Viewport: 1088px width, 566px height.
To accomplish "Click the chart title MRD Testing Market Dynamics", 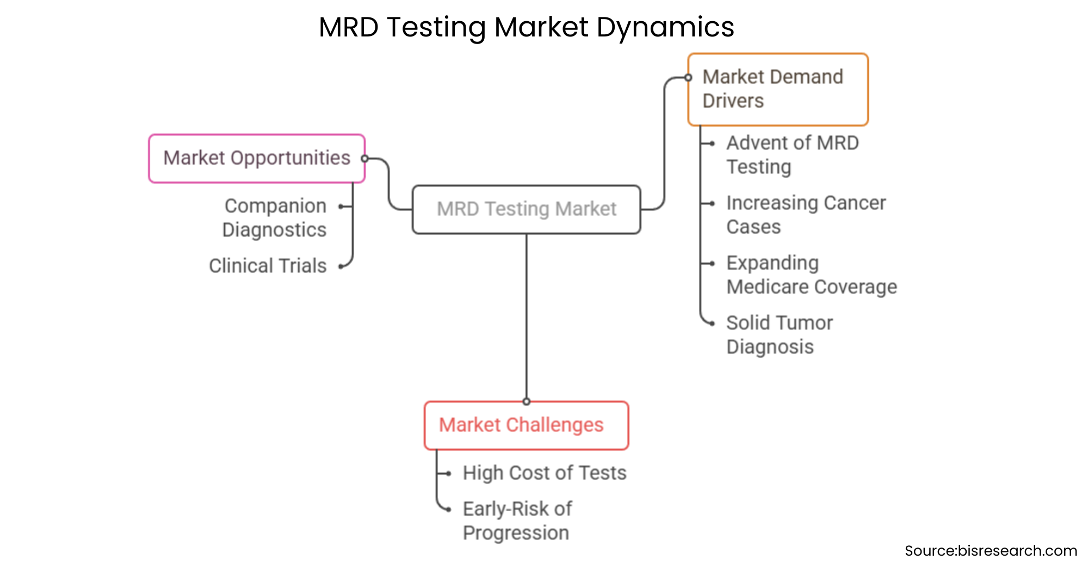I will click(x=526, y=27).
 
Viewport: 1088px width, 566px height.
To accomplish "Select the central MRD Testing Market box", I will click(x=526, y=210).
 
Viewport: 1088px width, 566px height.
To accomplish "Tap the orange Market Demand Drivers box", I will click(x=777, y=89).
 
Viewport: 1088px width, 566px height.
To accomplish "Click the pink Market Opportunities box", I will click(x=256, y=158).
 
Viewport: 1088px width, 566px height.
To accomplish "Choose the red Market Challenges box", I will click(x=526, y=425).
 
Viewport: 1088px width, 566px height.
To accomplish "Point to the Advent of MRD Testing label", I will click(x=792, y=155).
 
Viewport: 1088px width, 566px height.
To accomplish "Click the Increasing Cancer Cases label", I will click(x=806, y=214).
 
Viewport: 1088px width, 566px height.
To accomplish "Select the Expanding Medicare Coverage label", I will click(x=811, y=274).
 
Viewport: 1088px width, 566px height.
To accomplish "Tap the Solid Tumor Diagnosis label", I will click(x=779, y=334).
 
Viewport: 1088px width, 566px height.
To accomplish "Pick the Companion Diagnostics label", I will click(x=275, y=218).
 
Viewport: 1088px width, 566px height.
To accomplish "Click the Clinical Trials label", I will click(x=268, y=266).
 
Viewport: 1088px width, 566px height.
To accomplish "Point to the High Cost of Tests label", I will click(x=544, y=473).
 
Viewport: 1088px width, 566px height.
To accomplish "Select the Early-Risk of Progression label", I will click(x=517, y=520).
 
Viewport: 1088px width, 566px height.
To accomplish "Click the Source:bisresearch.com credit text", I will click(x=990, y=551).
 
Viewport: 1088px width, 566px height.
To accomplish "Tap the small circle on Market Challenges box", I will click(x=526, y=402).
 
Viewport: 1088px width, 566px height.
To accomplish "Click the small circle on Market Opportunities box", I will click(x=365, y=158).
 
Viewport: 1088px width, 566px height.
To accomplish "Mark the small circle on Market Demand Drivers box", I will click(x=688, y=78).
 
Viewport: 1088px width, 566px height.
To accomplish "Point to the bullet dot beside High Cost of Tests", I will click(x=448, y=473).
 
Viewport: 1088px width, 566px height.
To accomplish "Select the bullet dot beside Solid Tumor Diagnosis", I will click(x=712, y=323).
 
